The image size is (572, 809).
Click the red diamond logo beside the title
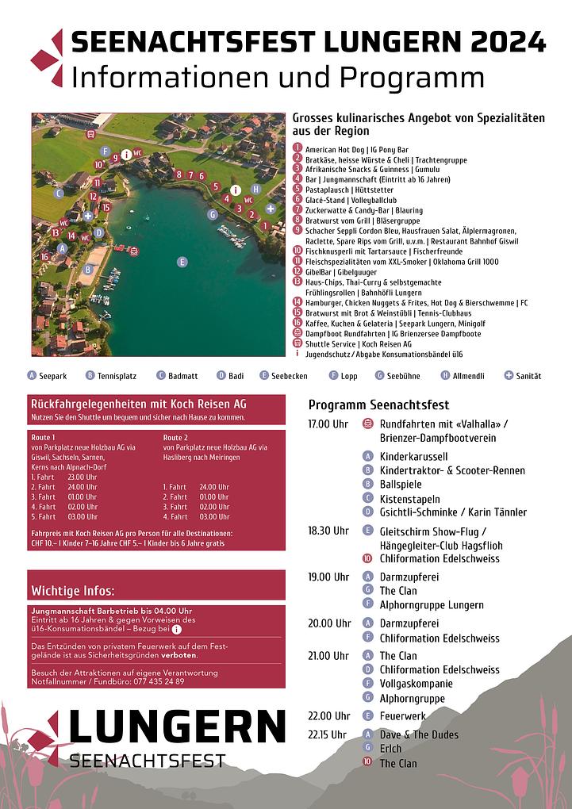[x=48, y=58]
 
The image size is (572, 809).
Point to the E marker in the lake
[x=182, y=262]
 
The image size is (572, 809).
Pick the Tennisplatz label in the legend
[x=115, y=375]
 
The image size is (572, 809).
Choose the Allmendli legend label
[x=468, y=375]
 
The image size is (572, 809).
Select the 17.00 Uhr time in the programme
[x=328, y=424]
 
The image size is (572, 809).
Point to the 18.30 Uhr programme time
[x=328, y=531]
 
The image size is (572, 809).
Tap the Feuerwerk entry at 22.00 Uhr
[x=404, y=716]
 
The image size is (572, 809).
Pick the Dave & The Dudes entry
[x=419, y=734]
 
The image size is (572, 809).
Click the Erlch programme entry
[x=390, y=749]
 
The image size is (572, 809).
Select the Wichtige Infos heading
[x=73, y=591]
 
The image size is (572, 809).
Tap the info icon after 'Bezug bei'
[x=176, y=630]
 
